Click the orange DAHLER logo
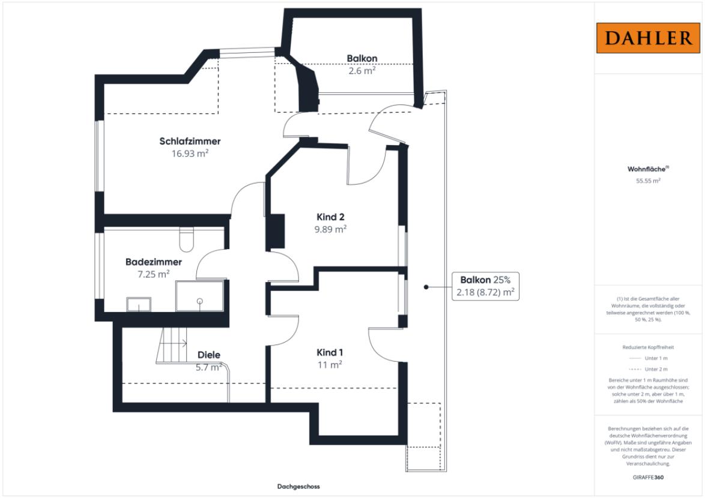(648, 38)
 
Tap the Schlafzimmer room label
(190, 141)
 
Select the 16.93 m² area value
(190, 154)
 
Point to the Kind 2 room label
(330, 217)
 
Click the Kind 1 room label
(330, 353)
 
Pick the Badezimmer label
(154, 262)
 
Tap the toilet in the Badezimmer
(186, 240)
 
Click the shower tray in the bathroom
(199, 296)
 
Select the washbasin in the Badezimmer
(139, 304)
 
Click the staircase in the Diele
(172, 345)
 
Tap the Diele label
(209, 355)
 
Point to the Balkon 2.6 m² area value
(362, 71)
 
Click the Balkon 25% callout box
(485, 286)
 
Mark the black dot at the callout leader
(426, 287)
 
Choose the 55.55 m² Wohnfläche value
(648, 181)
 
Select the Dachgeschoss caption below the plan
(298, 487)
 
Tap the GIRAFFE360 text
(648, 478)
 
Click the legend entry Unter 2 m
(656, 369)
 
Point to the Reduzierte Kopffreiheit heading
(648, 347)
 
